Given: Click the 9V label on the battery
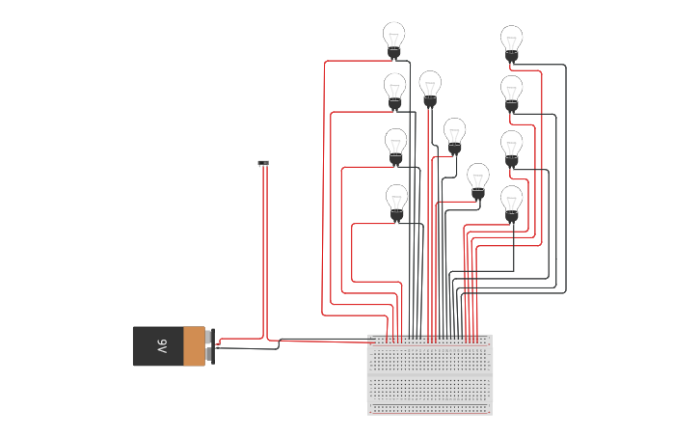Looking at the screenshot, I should pos(162,346).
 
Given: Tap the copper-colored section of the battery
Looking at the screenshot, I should pos(194,346).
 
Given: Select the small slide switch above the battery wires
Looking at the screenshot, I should pos(263,163).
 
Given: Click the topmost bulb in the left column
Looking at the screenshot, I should pos(393,38).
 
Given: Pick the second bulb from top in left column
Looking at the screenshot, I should pos(394,89).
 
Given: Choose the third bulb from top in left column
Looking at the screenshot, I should pos(395,145).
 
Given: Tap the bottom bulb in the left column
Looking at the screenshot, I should pos(396,201).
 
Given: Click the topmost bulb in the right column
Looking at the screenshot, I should pos(512,41).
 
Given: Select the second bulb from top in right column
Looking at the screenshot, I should pos(512,92).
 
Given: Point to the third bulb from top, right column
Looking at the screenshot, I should pos(512,147).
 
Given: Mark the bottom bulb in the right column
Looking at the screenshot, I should pos(512,203).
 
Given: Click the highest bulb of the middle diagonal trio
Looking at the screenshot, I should pos(430,87).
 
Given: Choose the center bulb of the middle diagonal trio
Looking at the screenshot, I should pos(454,134).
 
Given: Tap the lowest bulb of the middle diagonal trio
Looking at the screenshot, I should pos(478,179).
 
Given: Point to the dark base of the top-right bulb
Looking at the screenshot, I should pos(512,58).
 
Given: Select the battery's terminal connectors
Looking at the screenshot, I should pos(209,346).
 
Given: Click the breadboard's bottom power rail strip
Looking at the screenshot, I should pos(430,409).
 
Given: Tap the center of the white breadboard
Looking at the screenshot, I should pos(430,374).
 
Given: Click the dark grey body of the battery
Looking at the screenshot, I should pos(154,346).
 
